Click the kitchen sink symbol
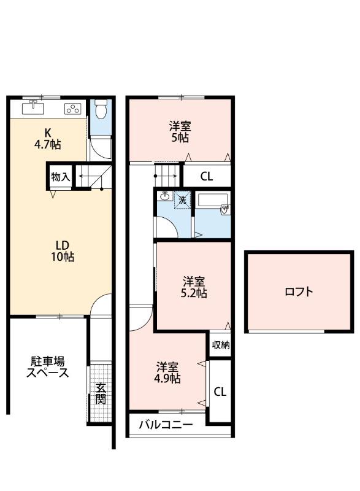pyautogui.click(x=33, y=109)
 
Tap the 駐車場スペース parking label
pyautogui.click(x=47, y=367)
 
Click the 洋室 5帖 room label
pyautogui.click(x=180, y=132)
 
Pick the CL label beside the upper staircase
pyautogui.click(x=207, y=177)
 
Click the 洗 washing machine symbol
pyautogui.click(x=182, y=199)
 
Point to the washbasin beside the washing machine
pyautogui.click(x=164, y=197)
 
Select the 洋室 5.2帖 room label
pyautogui.click(x=194, y=287)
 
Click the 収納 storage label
pyautogui.click(x=221, y=345)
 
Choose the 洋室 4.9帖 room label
pyautogui.click(x=167, y=373)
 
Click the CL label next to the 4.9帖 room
pyautogui.click(x=220, y=392)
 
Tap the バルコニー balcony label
pyautogui.click(x=166, y=425)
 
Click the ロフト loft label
pyautogui.click(x=299, y=292)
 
